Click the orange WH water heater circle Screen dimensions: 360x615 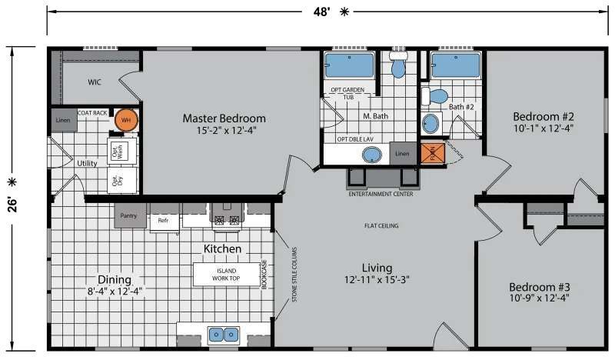click(125, 120)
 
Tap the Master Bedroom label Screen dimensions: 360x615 click(224, 118)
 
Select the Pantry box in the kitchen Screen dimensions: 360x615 click(130, 215)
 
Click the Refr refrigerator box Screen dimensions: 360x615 click(163, 220)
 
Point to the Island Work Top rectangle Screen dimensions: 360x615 click(226, 274)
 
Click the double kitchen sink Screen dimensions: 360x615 click(222, 335)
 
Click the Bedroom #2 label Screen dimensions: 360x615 click(544, 117)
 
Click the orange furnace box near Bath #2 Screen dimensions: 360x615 click(432, 154)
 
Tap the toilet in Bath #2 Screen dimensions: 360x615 click(437, 97)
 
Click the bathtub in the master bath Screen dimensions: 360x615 click(349, 66)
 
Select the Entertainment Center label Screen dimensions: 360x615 click(381, 195)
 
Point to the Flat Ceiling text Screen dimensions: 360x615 click(381, 226)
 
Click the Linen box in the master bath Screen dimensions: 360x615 click(402, 154)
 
